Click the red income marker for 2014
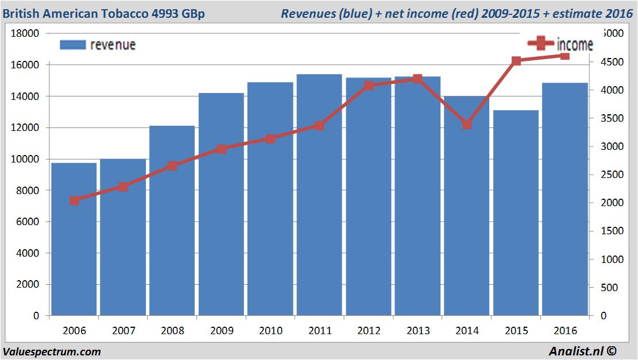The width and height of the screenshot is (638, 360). (467, 125)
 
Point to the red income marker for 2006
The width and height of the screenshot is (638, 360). (74, 200)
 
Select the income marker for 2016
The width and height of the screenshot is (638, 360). (565, 56)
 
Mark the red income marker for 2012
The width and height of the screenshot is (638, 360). (369, 86)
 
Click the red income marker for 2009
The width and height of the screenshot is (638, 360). (222, 149)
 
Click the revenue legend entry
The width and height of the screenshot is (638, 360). (98, 44)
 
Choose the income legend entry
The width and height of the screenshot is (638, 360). (560, 44)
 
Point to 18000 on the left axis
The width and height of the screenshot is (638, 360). (26, 33)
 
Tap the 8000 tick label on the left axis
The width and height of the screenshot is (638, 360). (28, 191)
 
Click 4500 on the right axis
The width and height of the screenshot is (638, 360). (611, 61)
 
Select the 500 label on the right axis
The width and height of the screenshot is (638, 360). (614, 288)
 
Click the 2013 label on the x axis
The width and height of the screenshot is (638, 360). (418, 331)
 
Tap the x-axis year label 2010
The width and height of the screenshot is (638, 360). (270, 331)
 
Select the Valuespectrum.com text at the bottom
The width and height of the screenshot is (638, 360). (52, 351)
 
